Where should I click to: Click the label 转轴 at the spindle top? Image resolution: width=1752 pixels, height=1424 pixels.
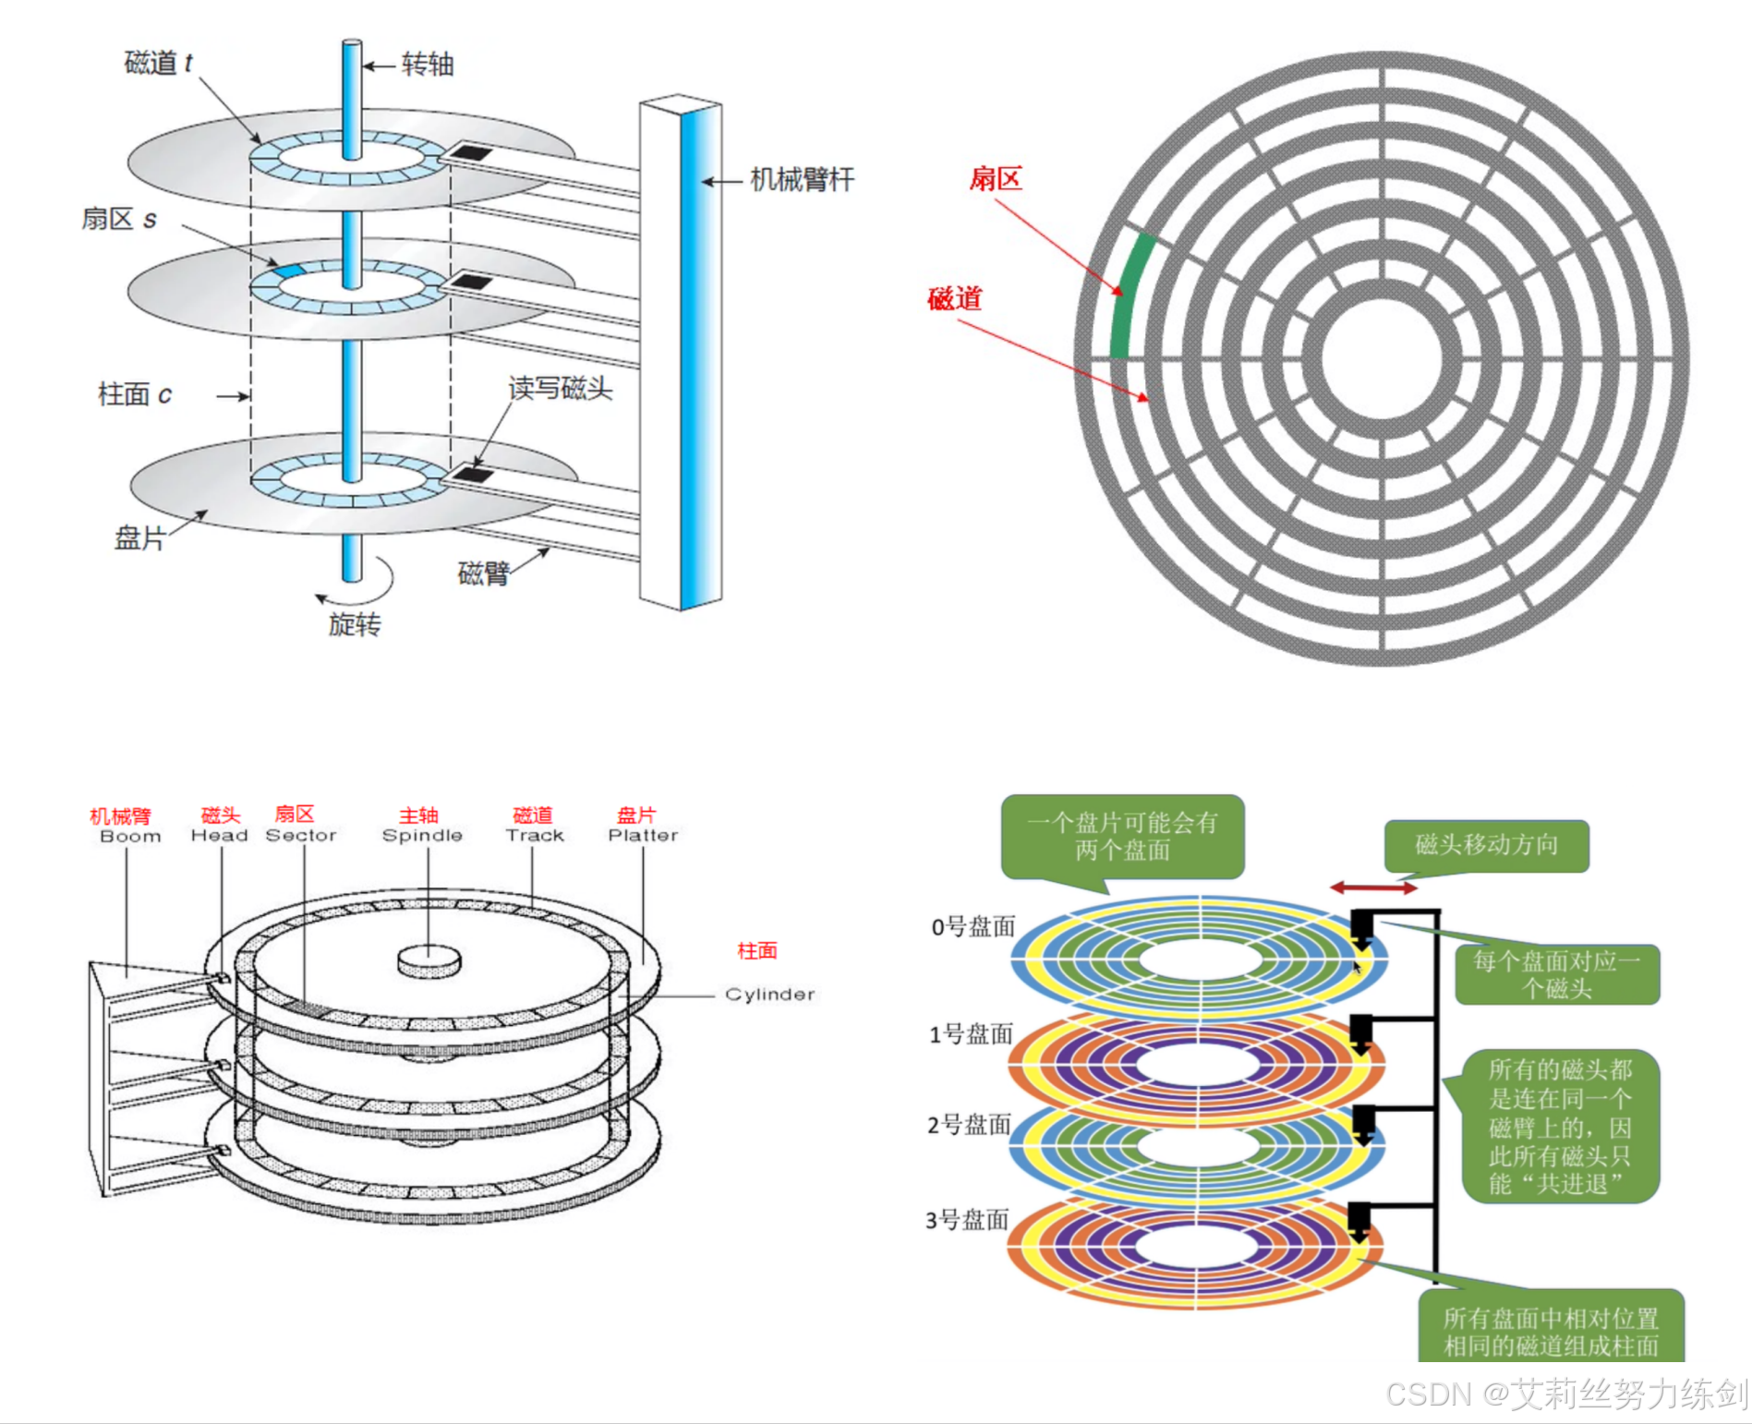click(427, 65)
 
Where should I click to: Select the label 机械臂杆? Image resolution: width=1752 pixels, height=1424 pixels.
click(801, 179)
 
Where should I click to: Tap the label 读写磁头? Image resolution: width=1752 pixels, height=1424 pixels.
click(560, 389)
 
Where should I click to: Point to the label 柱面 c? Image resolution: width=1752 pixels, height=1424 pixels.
click(135, 394)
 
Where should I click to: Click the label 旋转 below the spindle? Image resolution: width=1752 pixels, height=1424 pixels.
click(355, 625)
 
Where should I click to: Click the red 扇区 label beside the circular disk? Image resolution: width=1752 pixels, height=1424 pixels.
click(996, 178)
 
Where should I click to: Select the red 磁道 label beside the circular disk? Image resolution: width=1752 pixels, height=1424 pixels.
click(955, 298)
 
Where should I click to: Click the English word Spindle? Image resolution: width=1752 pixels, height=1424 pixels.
click(422, 835)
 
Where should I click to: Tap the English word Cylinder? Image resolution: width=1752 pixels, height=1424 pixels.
click(769, 994)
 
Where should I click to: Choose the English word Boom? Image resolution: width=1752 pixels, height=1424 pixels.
click(130, 836)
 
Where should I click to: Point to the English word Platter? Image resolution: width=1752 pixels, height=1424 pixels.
click(643, 835)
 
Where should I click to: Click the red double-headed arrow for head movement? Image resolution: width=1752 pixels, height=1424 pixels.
click(1373, 887)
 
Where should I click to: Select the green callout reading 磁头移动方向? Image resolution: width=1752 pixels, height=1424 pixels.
click(1486, 845)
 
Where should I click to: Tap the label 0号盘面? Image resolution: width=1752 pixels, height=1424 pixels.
click(973, 926)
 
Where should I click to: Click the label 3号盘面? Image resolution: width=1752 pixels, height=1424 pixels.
click(967, 1220)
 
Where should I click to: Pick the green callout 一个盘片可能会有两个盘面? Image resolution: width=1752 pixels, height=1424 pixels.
click(1122, 836)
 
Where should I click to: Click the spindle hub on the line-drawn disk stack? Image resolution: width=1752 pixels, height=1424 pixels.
click(429, 959)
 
